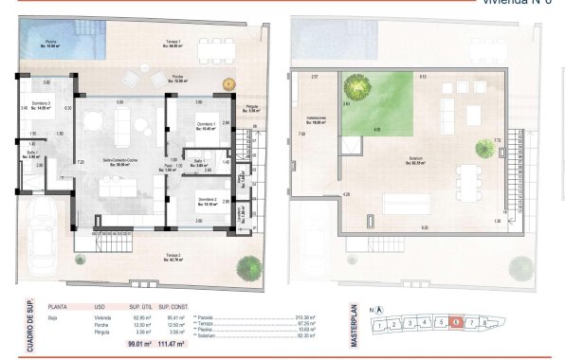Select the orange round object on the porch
point(228,84)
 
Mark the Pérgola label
point(252,110)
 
